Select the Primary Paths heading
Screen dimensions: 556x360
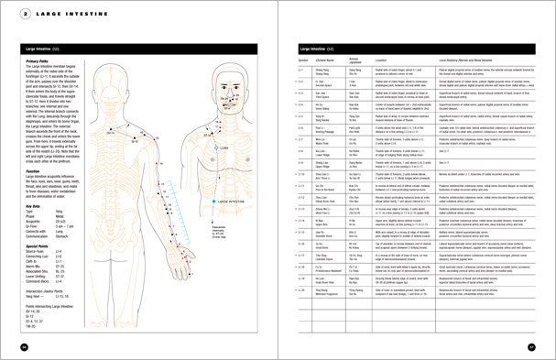pyautogui.click(x=38, y=60)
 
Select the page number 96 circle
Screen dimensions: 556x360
pyautogui.click(x=22, y=346)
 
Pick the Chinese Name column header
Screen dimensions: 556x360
pyautogui.click(x=328, y=60)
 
